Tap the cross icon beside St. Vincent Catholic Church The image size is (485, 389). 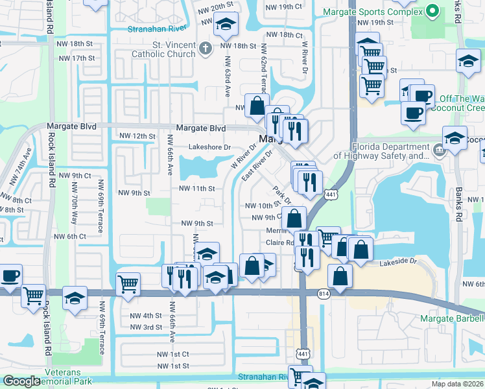point(205,48)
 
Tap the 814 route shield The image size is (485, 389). point(323,294)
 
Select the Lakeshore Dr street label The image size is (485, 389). point(209,147)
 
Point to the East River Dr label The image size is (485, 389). point(255,167)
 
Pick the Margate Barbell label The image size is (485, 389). point(452,318)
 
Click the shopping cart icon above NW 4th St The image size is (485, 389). point(128,283)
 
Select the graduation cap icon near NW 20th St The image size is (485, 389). point(226,25)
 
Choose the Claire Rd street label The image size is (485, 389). point(280,243)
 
